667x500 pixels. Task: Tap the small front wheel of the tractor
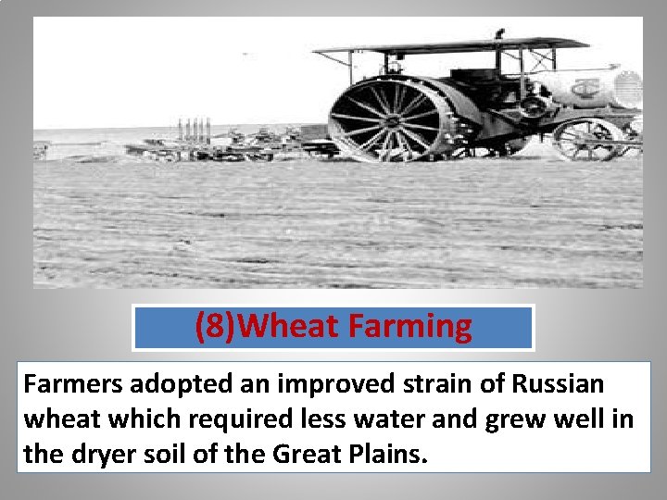click(x=588, y=139)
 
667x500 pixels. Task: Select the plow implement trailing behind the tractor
click(x=232, y=144)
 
